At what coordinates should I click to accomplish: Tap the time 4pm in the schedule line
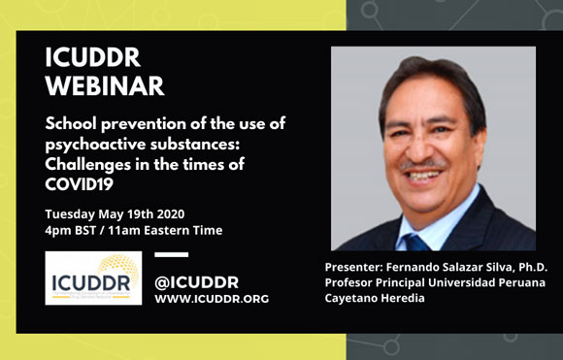click(x=59, y=230)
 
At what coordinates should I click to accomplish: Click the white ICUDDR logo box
click(x=92, y=278)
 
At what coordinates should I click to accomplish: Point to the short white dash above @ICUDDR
click(x=172, y=255)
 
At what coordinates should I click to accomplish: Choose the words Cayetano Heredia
click(x=381, y=301)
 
